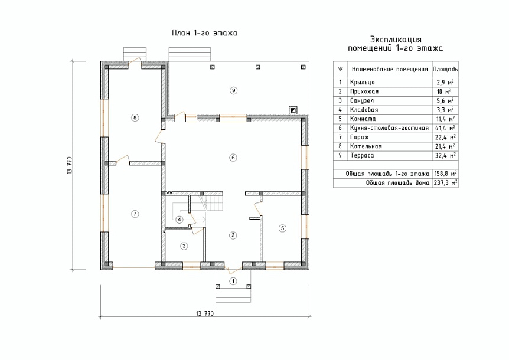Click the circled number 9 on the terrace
pos(233,90)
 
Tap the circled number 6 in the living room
pos(233,158)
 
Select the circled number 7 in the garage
pos(135,214)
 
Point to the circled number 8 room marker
pos(135,117)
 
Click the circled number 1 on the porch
pos(233,281)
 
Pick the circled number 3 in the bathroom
pos(184,246)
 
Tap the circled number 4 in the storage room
pos(179,220)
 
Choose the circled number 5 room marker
pos(282,228)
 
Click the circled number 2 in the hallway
pos(233,235)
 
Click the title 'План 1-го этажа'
pos(204,33)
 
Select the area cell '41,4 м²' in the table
pos(445,128)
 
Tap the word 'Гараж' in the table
pos(360,137)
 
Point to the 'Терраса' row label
pos(362,155)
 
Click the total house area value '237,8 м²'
pos(445,182)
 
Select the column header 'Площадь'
pos(445,70)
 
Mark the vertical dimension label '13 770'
pos(70,165)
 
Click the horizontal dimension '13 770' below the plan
pos(205,313)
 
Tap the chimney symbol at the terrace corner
pos(293,110)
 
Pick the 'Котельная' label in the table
pos(366,146)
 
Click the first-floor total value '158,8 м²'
pos(445,174)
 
